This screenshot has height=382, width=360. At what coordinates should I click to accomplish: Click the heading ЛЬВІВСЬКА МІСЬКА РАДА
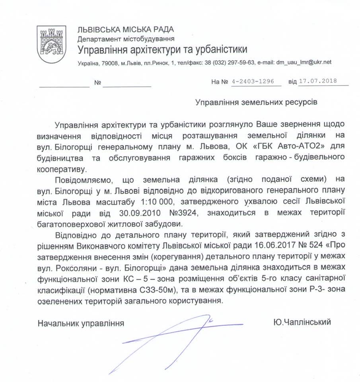tap(125, 29)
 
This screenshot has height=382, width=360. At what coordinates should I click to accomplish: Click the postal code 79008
tap(106, 62)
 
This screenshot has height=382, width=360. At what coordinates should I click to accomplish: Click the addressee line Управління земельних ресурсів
tap(256, 102)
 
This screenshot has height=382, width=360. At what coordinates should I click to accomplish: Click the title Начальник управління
tap(80, 323)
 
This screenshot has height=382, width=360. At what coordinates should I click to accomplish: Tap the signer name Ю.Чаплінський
tap(302, 322)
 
